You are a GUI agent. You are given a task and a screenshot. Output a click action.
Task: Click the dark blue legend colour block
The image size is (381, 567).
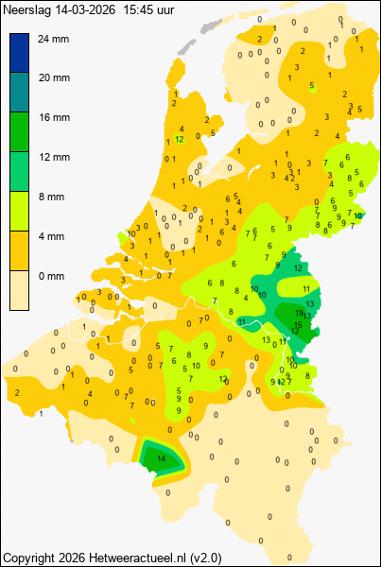(20, 53)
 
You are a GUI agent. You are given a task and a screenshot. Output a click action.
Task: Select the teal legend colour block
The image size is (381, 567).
(20, 93)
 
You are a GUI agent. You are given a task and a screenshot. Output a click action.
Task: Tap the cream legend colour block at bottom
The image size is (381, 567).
(20, 290)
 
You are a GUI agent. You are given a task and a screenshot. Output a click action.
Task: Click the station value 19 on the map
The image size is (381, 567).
(299, 313)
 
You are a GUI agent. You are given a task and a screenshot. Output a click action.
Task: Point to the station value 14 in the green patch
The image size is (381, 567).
(161, 458)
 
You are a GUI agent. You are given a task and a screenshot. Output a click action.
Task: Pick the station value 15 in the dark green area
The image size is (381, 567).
(298, 324)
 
